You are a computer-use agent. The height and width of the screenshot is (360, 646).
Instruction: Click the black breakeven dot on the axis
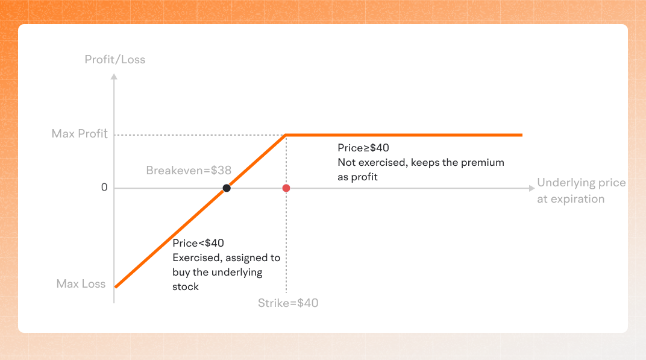[227, 188]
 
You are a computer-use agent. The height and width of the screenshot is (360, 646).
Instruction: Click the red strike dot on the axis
[286, 188]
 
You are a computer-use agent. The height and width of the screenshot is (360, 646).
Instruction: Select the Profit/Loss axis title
[114, 60]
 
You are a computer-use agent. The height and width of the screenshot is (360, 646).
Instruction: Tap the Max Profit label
[80, 133]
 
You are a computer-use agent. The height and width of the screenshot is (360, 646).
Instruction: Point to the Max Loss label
[81, 283]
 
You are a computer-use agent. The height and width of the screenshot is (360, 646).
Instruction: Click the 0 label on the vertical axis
[104, 188]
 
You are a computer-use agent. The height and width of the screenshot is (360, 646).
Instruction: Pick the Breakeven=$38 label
[189, 171]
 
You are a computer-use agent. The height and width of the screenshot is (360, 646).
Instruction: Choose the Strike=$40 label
[288, 303]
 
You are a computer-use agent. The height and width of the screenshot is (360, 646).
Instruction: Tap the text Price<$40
[198, 243]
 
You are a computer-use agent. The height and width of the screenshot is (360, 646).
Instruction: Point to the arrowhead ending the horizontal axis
[532, 188]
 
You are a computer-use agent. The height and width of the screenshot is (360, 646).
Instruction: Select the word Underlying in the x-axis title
[565, 183]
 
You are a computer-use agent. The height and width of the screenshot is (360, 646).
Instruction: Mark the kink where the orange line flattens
[286, 134]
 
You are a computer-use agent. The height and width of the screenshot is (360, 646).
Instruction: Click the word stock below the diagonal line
[186, 286]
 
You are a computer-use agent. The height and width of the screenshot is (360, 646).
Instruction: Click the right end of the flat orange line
[521, 134]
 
